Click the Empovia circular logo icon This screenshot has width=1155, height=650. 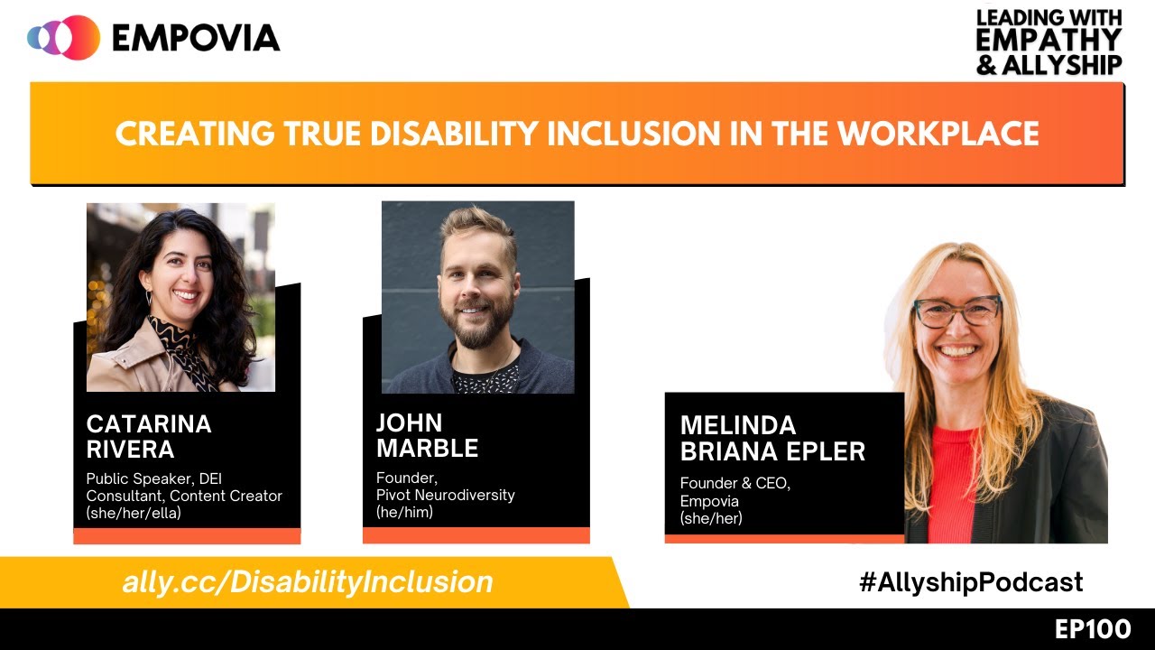(x=63, y=37)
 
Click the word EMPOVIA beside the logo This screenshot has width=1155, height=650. (x=196, y=38)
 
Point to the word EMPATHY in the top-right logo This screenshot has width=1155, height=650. (x=1049, y=41)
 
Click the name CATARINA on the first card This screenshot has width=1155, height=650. (x=149, y=424)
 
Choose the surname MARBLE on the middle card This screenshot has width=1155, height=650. (x=427, y=448)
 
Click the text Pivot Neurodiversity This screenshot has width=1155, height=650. (x=447, y=495)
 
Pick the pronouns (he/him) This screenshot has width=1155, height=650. (x=404, y=512)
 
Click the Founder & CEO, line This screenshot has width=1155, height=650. (x=735, y=483)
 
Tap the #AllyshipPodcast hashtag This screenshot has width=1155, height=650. (x=971, y=582)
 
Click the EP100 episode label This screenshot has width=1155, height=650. (x=1093, y=628)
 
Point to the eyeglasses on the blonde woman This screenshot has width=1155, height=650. (x=957, y=311)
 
